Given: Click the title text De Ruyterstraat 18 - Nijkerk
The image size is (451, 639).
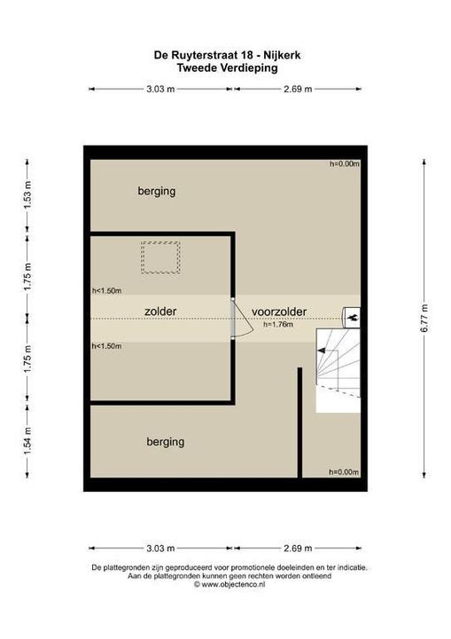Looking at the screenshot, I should [x=226, y=54].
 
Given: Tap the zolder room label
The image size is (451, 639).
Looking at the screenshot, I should [x=160, y=312].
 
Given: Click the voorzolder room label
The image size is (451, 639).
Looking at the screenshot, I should [x=279, y=312].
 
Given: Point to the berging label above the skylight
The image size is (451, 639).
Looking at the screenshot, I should [x=156, y=191].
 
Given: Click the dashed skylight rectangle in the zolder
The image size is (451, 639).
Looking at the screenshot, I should [x=160, y=259].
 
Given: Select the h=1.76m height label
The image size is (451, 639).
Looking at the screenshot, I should [x=278, y=326].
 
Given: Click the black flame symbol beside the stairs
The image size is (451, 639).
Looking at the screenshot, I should [x=352, y=314].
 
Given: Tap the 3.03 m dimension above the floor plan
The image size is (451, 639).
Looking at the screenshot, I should [x=160, y=89].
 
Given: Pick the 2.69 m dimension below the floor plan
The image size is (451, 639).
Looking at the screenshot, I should [x=296, y=548].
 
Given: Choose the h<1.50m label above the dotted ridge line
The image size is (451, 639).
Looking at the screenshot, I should [x=106, y=290].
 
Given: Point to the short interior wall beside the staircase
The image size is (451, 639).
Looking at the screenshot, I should [x=300, y=422].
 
